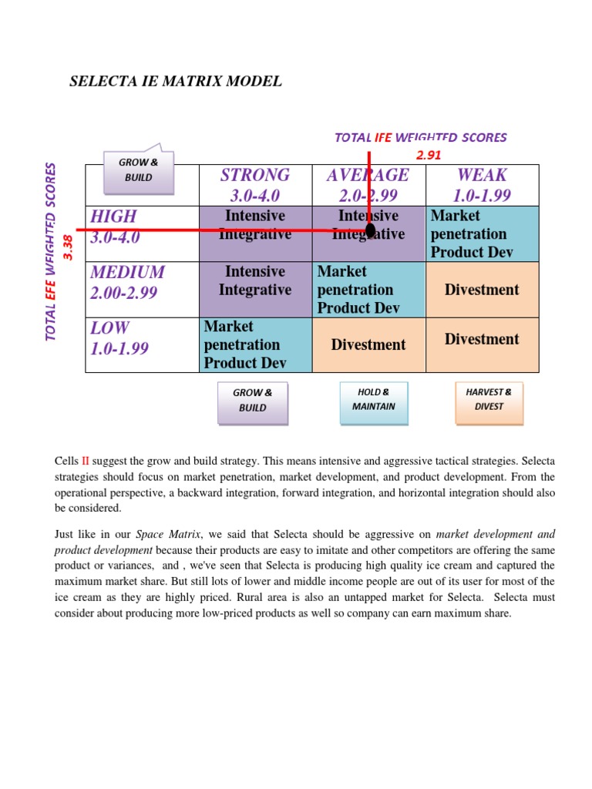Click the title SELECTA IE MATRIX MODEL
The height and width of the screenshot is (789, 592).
pos(176,81)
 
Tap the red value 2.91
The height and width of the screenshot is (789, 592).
pos(429,155)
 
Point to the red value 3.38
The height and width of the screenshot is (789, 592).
pos(68,247)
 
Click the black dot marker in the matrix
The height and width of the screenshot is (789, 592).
pos(370,230)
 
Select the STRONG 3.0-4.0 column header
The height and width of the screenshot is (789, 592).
pos(255,185)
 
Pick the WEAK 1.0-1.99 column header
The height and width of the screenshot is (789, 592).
pos(482,185)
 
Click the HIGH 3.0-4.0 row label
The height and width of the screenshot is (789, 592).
pos(116,227)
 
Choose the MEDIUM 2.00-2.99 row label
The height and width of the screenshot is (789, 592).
pos(127,281)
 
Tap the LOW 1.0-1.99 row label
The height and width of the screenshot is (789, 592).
pos(119,337)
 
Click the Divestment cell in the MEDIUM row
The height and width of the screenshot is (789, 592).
pos(482,290)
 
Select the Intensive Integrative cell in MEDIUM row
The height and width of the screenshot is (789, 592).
pos(255,281)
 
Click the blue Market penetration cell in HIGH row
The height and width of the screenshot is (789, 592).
pos(482,233)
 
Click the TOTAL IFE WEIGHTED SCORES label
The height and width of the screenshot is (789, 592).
pos(420,137)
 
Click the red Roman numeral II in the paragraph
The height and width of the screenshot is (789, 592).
pos(86,461)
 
